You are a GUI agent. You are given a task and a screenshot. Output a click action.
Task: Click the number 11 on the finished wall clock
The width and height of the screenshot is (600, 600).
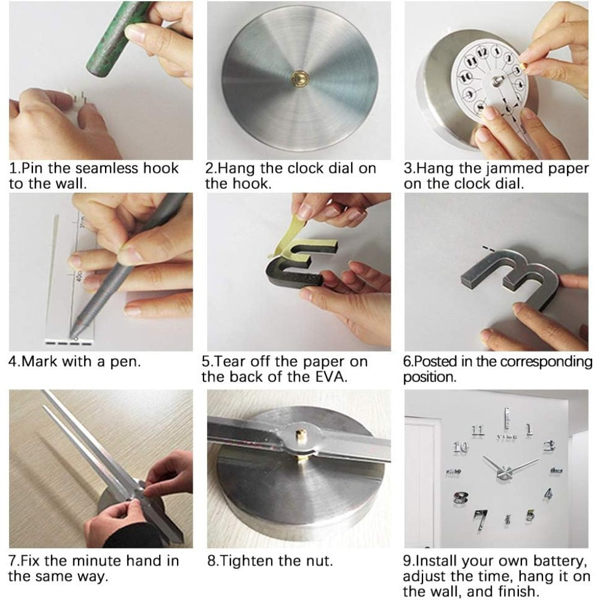(478, 430)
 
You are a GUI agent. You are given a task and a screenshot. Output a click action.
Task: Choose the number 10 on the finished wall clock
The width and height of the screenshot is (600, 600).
(461, 446)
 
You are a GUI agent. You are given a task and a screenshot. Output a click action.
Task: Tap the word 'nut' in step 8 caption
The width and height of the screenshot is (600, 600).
(316, 561)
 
